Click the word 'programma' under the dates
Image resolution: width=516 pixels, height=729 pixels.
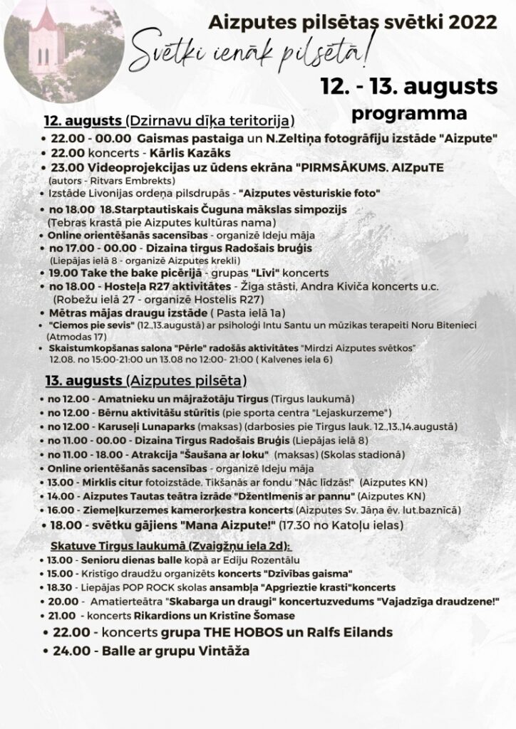(410, 113)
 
